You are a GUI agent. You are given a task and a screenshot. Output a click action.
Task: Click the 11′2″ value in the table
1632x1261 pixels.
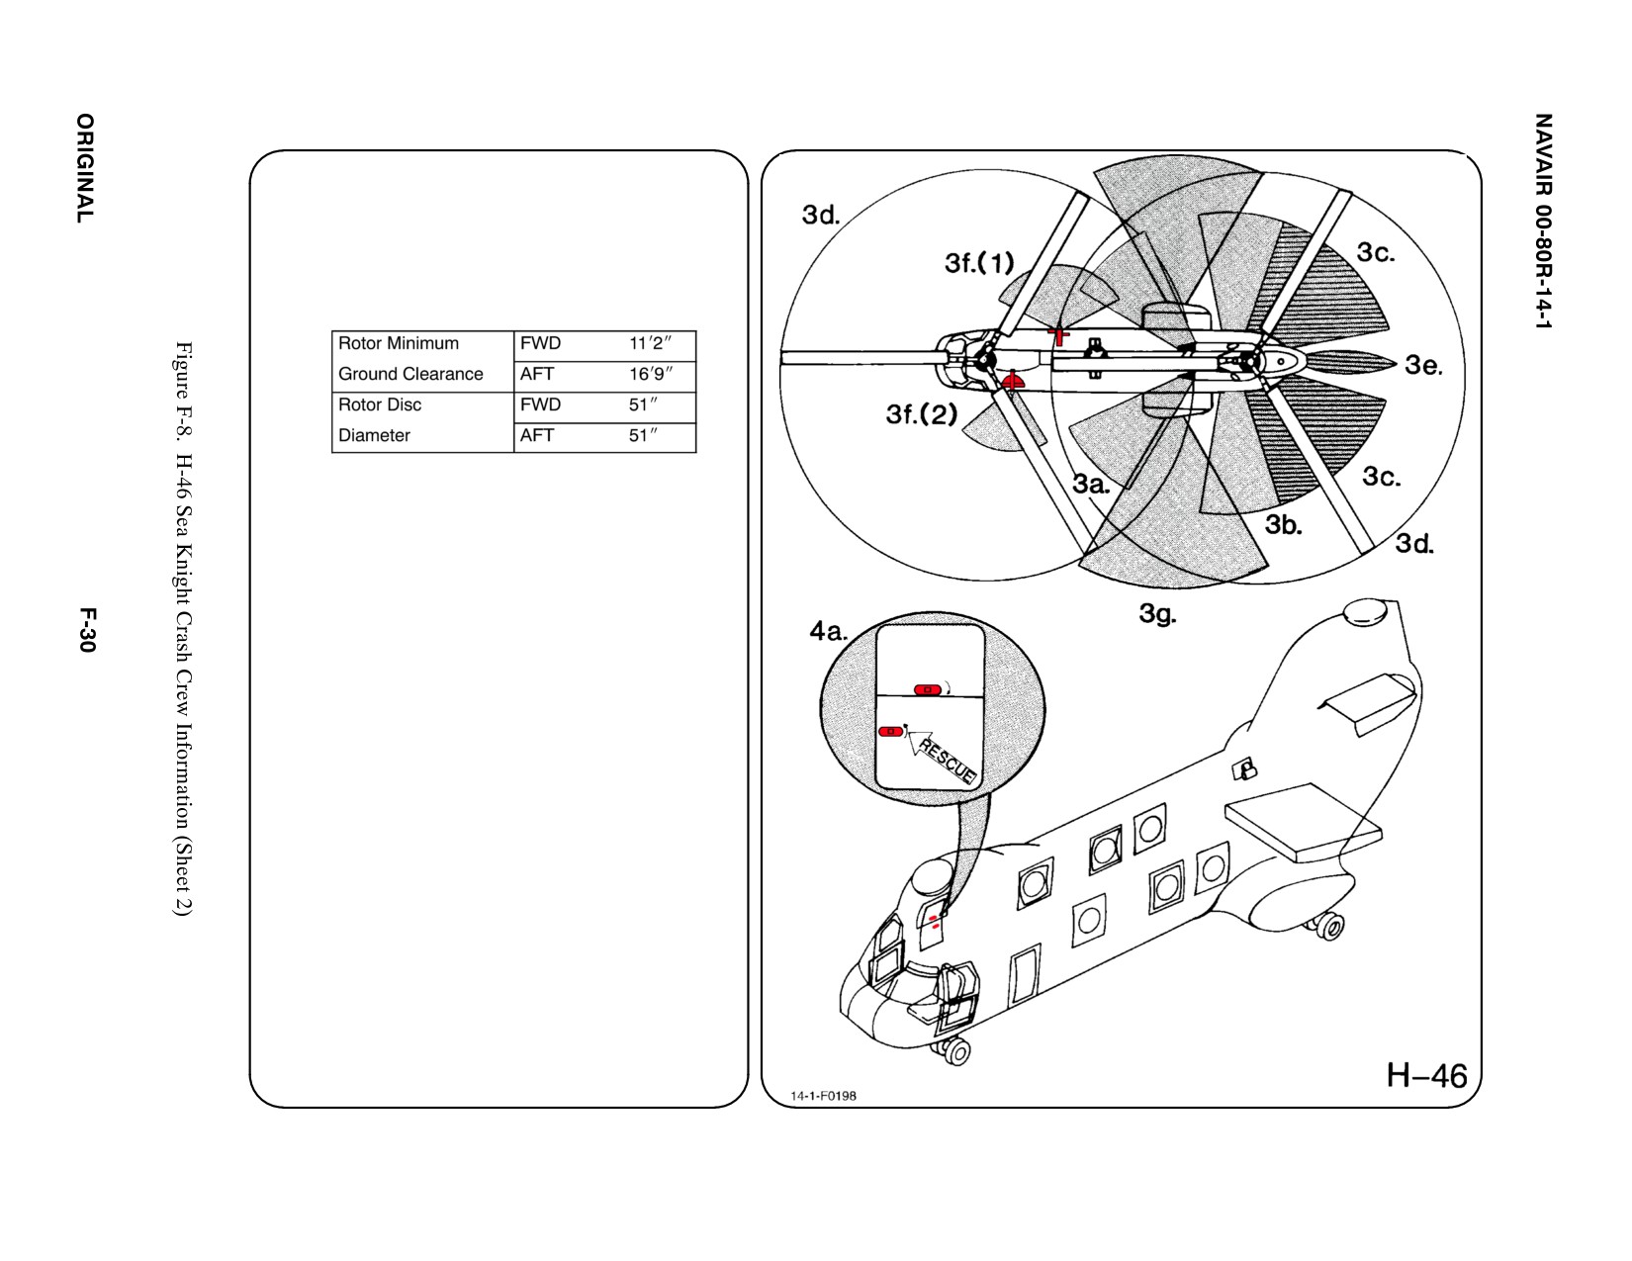(x=650, y=344)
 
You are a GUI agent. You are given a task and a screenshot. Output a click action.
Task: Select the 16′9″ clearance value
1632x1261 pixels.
(x=651, y=374)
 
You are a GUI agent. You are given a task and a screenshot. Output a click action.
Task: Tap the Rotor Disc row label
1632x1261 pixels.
(x=379, y=405)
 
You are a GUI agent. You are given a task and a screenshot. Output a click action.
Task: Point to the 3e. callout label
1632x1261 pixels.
(x=1423, y=366)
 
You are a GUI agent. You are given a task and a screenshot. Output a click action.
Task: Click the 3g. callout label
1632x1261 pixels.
(x=1158, y=614)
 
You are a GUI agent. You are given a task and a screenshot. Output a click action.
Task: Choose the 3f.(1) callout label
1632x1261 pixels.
(x=979, y=263)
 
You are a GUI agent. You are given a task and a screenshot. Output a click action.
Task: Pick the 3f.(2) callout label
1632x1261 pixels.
(x=922, y=413)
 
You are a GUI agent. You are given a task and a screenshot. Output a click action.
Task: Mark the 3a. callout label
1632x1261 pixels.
(x=1091, y=484)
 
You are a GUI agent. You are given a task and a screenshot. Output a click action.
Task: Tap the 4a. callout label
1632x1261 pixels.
(x=828, y=632)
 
